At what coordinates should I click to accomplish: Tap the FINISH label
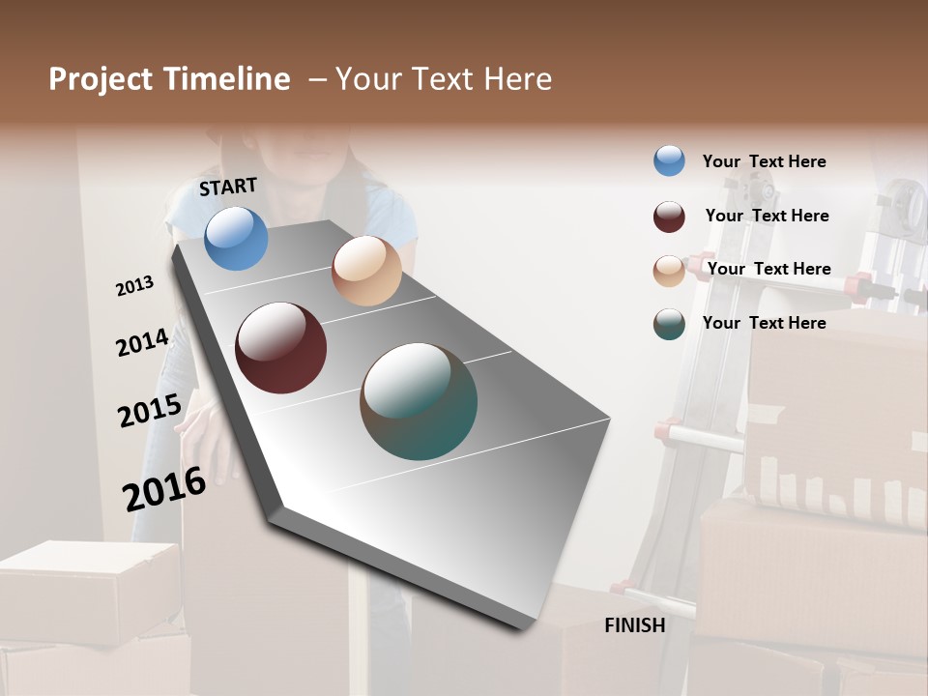(634, 625)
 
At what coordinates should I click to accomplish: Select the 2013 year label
(135, 286)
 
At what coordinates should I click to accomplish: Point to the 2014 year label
(142, 342)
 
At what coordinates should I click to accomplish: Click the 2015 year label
(149, 410)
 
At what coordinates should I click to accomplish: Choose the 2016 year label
(164, 488)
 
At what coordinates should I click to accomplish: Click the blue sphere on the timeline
(236, 238)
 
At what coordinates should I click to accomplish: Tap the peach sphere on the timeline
(366, 271)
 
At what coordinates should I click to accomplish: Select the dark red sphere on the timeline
(280, 348)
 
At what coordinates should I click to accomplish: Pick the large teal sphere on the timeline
(419, 401)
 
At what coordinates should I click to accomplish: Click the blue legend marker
(669, 160)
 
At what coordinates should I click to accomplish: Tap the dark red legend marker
(669, 217)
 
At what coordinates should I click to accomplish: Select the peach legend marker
(669, 271)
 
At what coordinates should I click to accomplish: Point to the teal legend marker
(669, 324)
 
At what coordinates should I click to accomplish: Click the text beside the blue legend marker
(764, 161)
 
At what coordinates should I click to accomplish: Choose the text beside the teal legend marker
(764, 323)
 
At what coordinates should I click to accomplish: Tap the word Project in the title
(100, 79)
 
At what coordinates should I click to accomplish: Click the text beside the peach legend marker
(768, 269)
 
